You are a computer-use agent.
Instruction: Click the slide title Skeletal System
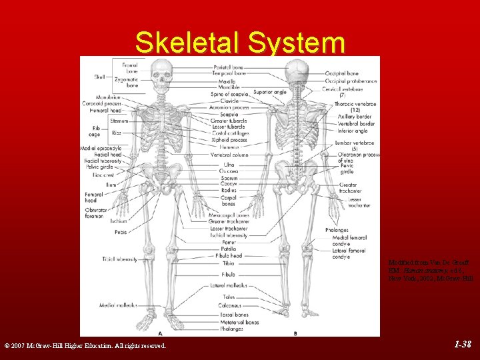pos(240,43)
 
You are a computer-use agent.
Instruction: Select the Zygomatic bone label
pos(126,83)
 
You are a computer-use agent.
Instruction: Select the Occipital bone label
pos(342,73)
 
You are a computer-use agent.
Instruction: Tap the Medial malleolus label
pos(118,305)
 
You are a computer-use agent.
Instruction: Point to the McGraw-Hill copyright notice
pos(86,345)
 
